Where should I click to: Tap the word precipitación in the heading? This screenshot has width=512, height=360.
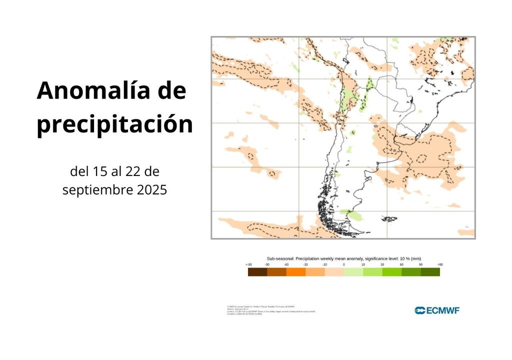[114, 124]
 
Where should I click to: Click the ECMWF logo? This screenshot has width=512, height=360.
[437, 310]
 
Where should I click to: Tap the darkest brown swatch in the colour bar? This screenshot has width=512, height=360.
[257, 272]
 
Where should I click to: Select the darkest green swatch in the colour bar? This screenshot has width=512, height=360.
[430, 272]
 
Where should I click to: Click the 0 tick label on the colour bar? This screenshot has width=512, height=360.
[344, 264]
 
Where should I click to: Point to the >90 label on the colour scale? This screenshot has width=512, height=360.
[439, 264]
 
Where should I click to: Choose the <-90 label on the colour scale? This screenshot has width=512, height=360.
[248, 264]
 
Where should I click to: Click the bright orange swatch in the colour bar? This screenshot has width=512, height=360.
[296, 272]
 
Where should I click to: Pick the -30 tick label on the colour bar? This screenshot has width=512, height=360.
[305, 264]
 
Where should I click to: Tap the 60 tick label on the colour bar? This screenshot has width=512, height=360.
[401, 264]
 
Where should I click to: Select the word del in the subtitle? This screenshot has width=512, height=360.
[79, 172]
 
